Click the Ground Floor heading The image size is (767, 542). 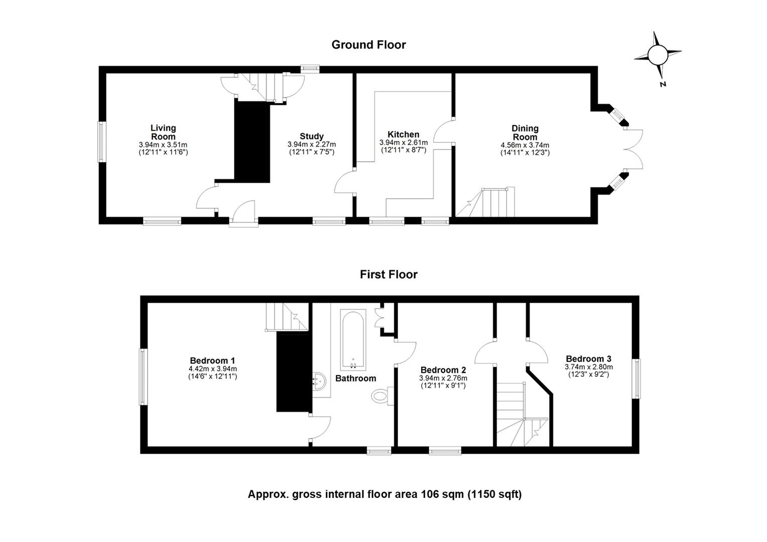tap(368, 45)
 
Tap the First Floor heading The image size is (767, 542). tap(389, 275)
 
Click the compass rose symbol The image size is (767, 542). tap(657, 55)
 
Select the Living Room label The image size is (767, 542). tap(163, 132)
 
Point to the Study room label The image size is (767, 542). tap(312, 137)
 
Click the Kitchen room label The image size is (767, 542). tap(403, 134)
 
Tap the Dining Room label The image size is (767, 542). tap(525, 132)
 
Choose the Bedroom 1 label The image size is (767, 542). tap(212, 361)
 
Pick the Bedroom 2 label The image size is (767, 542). tap(443, 370)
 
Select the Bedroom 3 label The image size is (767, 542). tap(588, 359)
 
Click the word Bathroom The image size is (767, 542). tap(355, 378)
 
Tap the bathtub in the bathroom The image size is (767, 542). tap(353, 340)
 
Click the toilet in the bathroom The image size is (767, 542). tap(382, 396)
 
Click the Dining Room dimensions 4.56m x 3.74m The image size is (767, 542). tap(525, 146)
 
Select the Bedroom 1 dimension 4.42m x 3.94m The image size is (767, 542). tap(212, 369)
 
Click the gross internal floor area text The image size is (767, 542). tap(385, 494)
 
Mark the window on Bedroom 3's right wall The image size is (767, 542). tap(636, 378)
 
